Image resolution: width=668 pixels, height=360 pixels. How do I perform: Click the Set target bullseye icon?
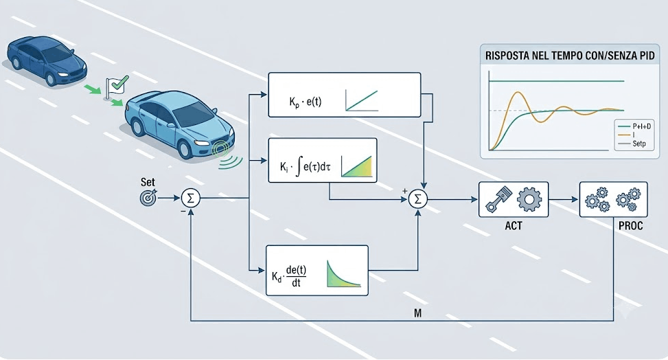pos(148,197)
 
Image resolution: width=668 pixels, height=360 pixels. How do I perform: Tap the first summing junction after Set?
pos(190,198)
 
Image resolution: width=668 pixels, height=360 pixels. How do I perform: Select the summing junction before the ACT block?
pos(418,199)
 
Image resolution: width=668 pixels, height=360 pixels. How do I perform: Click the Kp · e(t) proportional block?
pos(344,95)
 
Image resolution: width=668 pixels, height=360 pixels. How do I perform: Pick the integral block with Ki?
pos(323,160)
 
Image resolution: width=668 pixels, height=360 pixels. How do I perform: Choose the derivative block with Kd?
pos(317,271)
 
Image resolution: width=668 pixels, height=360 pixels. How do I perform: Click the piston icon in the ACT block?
pos(497,199)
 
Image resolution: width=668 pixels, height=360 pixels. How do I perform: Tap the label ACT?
pos(514,225)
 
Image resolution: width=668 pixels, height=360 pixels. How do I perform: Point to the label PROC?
pos(630,225)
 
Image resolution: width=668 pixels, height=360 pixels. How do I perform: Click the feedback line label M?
pos(417,313)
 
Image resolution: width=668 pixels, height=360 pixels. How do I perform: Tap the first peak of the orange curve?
pos(517,92)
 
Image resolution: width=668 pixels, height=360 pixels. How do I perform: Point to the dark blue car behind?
pos(46,59)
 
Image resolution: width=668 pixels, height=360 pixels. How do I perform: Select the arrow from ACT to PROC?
pos(564,199)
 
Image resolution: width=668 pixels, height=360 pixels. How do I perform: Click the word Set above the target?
pos(148,182)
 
